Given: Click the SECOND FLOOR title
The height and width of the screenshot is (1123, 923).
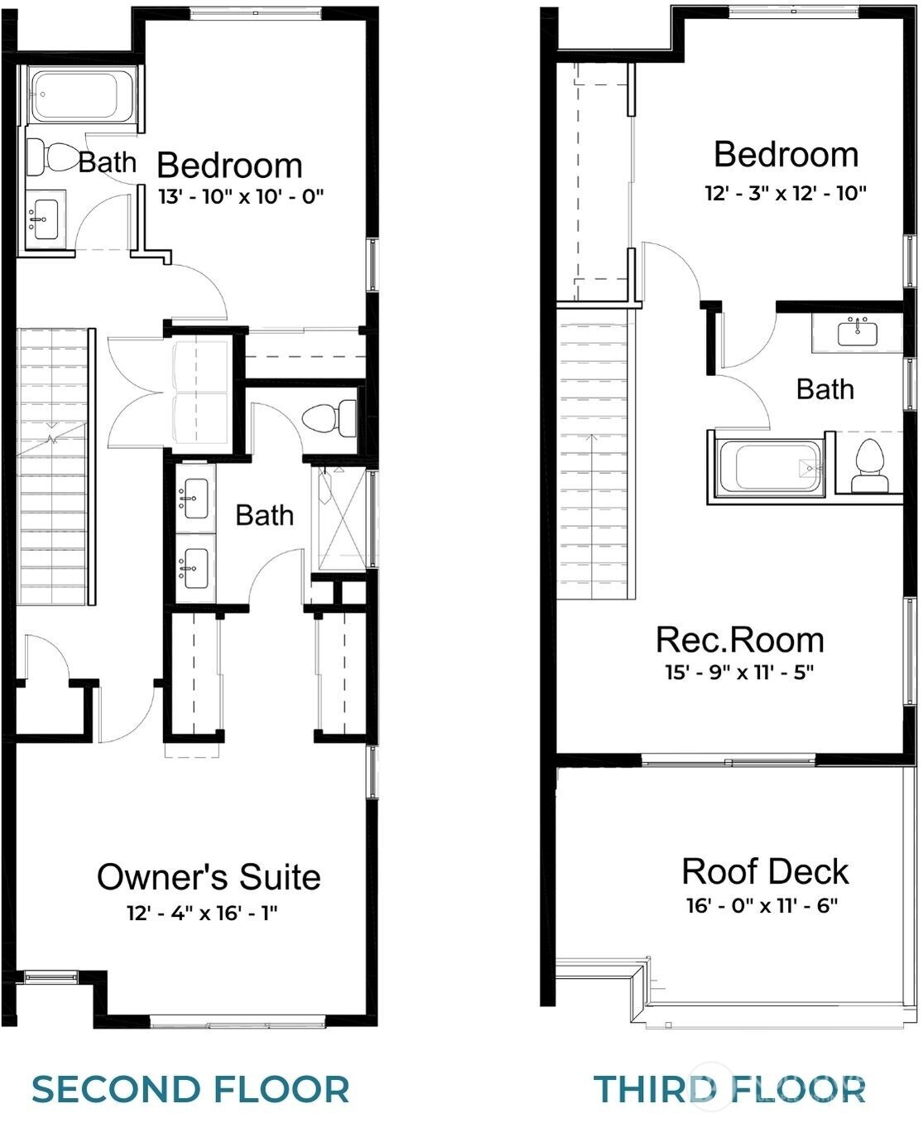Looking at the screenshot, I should click(x=190, y=1089).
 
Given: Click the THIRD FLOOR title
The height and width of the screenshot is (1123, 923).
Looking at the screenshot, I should click(x=729, y=1089).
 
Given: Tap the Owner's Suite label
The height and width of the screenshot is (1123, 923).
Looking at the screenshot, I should click(x=209, y=877).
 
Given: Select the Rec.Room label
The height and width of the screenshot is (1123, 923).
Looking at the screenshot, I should click(x=740, y=640).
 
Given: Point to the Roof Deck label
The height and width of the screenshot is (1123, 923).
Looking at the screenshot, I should click(x=765, y=871).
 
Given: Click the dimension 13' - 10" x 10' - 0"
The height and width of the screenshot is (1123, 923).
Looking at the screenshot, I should click(x=241, y=196).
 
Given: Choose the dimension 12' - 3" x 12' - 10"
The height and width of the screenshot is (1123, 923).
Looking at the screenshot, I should click(x=786, y=193).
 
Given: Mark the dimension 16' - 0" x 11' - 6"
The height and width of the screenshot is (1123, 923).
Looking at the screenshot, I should click(x=762, y=905).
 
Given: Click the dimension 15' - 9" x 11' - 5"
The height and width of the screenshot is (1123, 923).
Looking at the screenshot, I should click(x=739, y=672).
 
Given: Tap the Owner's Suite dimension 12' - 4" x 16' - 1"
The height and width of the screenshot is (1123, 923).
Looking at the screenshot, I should click(x=202, y=913).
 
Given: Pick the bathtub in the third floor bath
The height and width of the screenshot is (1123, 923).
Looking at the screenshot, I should click(x=769, y=467).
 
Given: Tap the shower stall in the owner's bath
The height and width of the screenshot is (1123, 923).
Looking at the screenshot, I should click(x=340, y=518).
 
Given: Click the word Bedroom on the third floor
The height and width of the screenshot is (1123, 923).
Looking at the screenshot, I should click(x=786, y=155).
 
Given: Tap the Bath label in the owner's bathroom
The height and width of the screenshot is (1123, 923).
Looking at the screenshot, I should click(x=264, y=515).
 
